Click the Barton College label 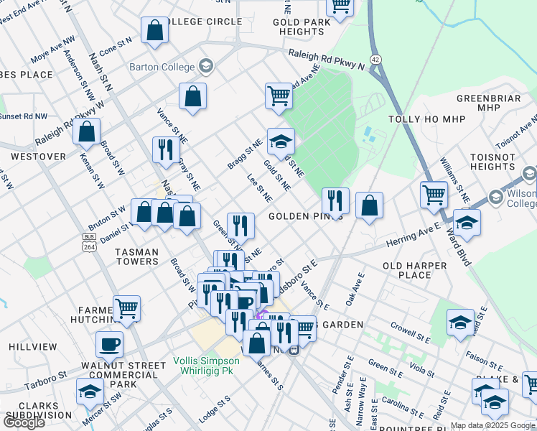(162, 67)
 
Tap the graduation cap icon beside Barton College (206, 67)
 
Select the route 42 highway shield (375, 58)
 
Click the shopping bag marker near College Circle (154, 30)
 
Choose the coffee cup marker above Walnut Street (109, 344)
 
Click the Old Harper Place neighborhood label (415, 270)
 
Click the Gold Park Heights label (302, 27)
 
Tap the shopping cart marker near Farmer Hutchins (126, 308)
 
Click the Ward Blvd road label (457, 248)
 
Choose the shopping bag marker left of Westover (86, 131)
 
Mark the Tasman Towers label (137, 256)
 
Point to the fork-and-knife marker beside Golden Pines (335, 200)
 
